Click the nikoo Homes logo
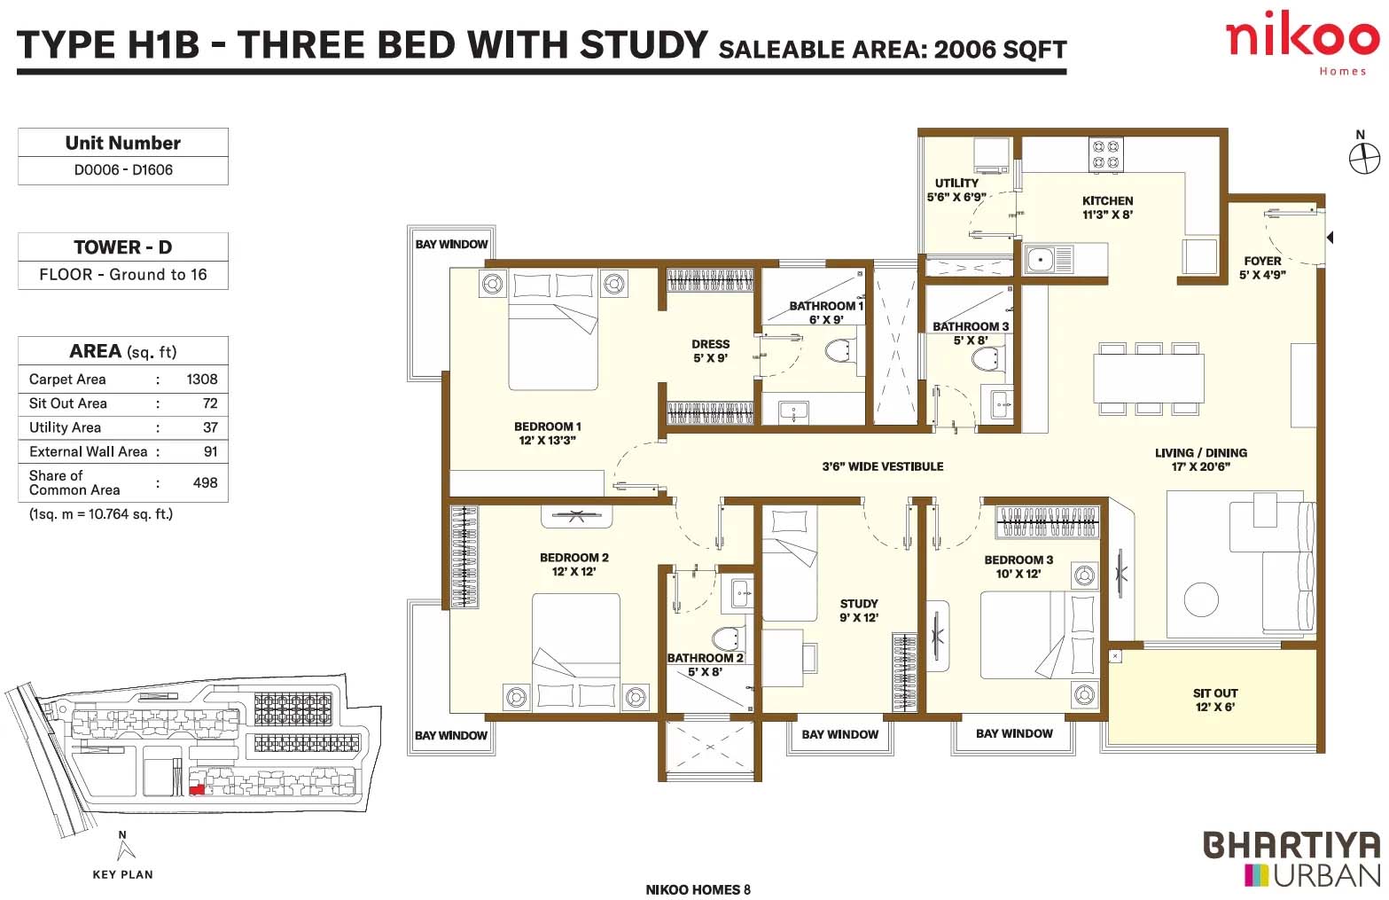pos(1302,43)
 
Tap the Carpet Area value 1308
pos(201,379)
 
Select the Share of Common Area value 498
pos(206,482)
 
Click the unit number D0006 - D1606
pos(123,170)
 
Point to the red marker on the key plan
pos(197,789)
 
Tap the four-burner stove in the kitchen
pos(1105,154)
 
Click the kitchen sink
pos(1049,259)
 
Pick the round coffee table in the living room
pos(1201,599)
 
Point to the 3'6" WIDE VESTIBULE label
pos(882,466)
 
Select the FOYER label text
pos(1262,261)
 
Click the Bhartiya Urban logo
pos(1292,859)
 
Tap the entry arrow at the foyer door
pos(1330,237)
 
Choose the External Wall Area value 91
pos(211,451)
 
